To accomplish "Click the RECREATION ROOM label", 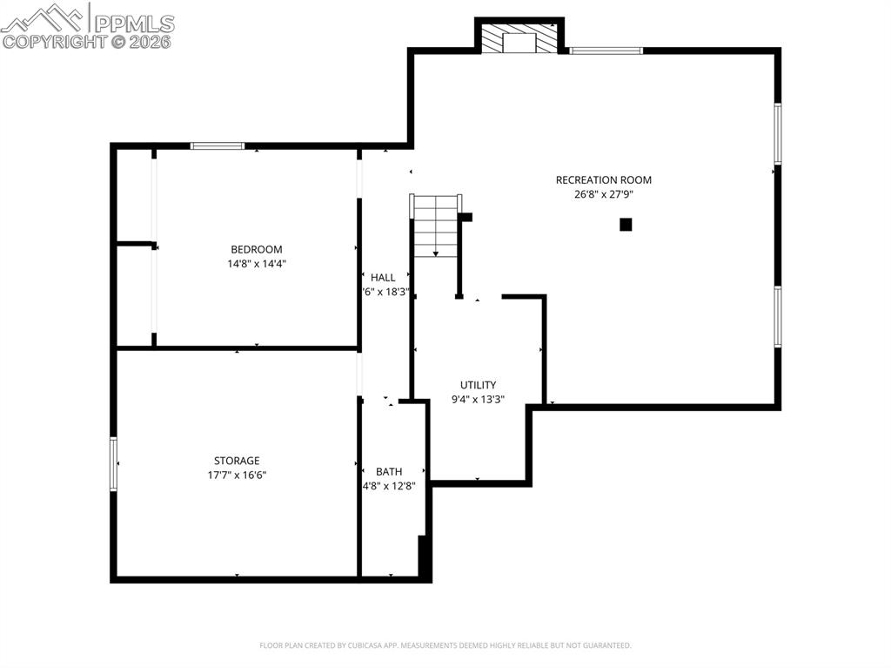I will click(603, 180).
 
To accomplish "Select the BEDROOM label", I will click(256, 249).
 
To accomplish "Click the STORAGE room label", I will click(237, 461).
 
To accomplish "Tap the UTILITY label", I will click(478, 385).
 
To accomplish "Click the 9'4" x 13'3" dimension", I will click(478, 400).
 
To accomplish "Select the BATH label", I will click(389, 472).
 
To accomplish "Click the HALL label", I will click(383, 278).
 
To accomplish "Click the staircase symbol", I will click(435, 226).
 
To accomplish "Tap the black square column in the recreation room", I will click(626, 225).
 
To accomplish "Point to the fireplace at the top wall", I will click(519, 39).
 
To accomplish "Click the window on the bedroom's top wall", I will click(218, 146).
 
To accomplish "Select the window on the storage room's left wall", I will click(113, 463).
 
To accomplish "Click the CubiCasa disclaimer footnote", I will click(445, 645).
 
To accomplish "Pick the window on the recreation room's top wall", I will click(606, 51).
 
